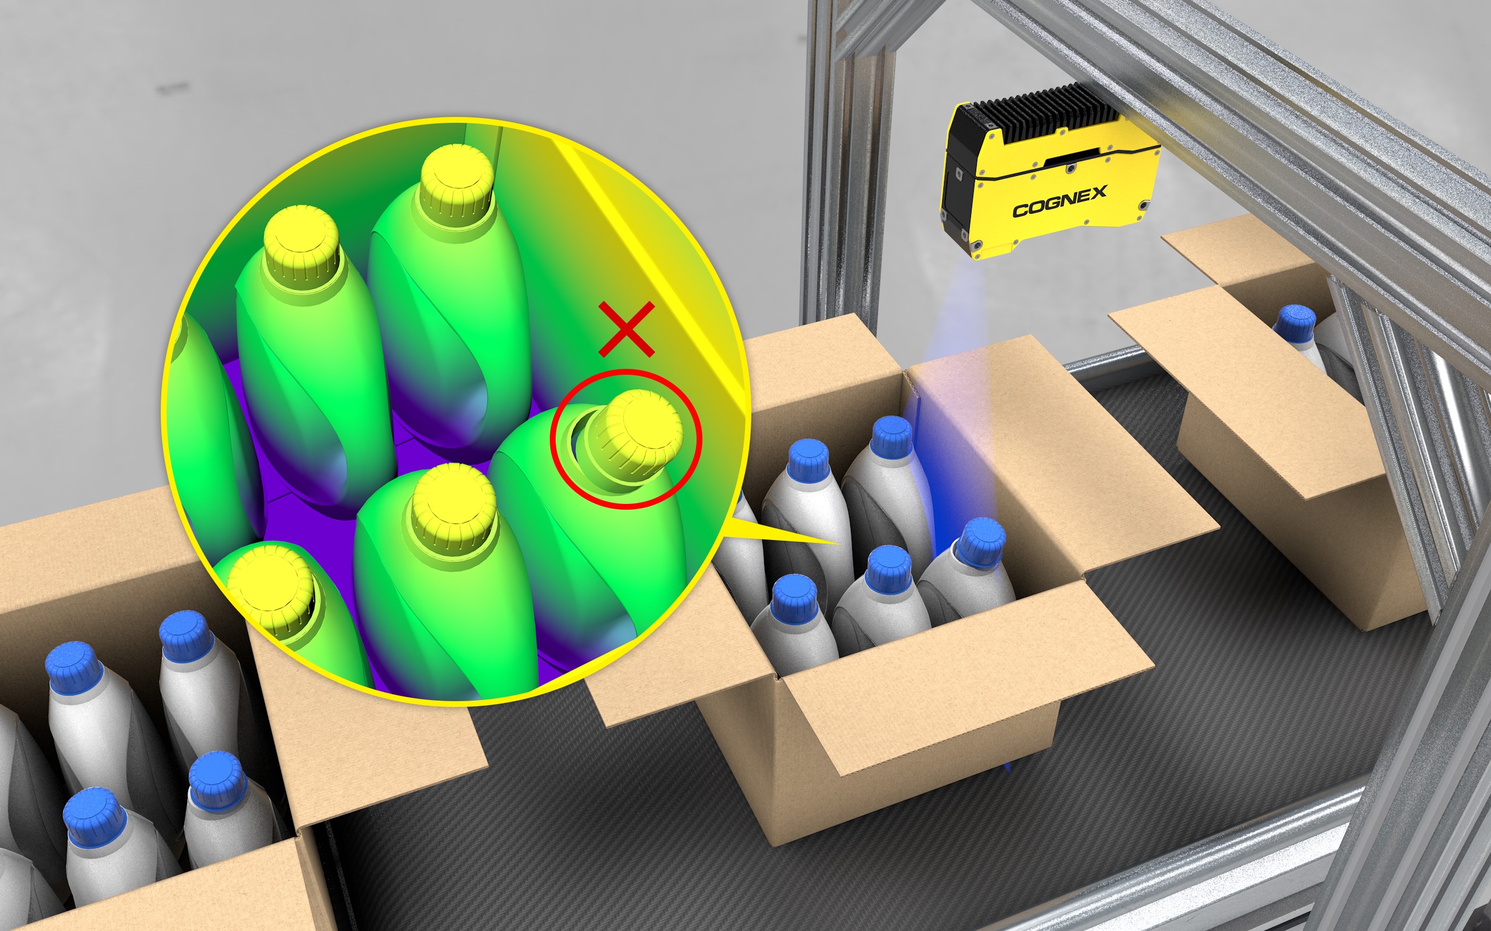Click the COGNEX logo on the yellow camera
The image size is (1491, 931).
point(1060,201)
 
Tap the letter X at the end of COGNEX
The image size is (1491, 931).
point(1098,192)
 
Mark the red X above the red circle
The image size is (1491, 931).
point(627,329)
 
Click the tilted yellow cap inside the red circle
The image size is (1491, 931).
point(635,431)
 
